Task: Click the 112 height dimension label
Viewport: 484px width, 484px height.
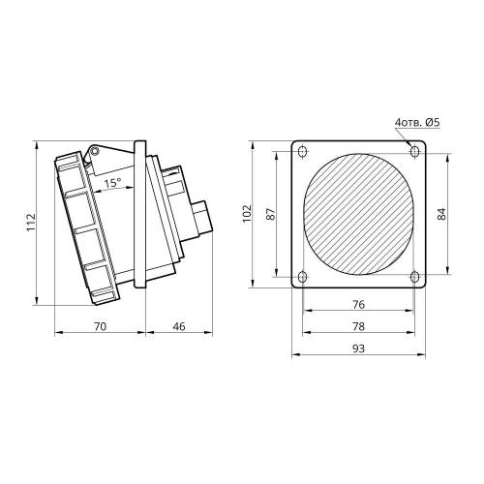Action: [x=31, y=222]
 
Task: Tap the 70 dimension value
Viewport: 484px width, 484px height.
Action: [x=100, y=326]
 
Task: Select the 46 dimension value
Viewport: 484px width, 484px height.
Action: [x=179, y=326]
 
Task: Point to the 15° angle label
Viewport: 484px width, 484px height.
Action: [x=112, y=183]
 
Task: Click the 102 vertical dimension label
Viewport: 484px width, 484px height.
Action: [x=247, y=213]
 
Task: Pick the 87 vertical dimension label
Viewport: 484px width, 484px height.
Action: [x=271, y=214]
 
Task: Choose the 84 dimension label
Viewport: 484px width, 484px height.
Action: [x=441, y=214]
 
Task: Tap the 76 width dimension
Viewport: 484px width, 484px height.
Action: [x=358, y=304]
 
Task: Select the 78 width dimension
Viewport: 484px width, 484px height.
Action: [x=358, y=326]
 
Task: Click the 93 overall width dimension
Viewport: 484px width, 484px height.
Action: [x=358, y=348]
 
